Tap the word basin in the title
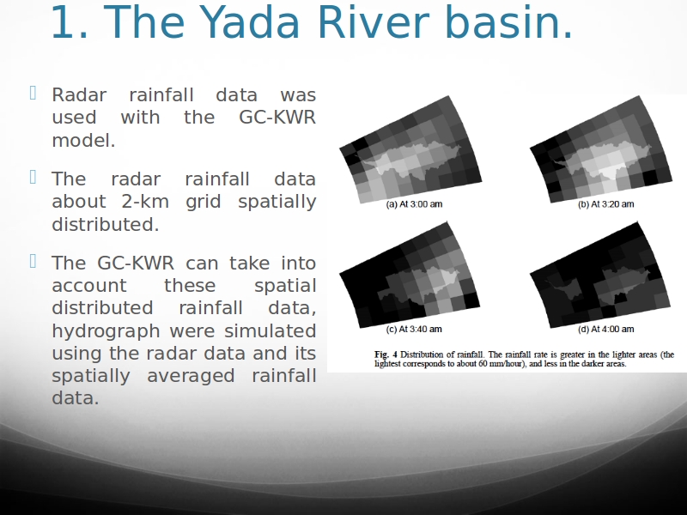pos(505,22)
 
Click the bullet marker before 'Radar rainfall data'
pos(33,93)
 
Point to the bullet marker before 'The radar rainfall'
pos(33,177)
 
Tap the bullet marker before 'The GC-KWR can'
pos(33,261)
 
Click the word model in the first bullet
pos(81,141)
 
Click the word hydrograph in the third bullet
pos(106,331)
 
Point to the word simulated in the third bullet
pos(270,330)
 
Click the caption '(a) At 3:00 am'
pos(414,204)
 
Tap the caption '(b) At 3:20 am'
pos(605,204)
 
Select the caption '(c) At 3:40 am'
pos(414,329)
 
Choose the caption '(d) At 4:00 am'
pos(605,329)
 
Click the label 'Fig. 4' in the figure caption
pos(386,354)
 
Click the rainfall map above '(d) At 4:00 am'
pos(600,275)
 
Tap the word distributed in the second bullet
pos(105,224)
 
